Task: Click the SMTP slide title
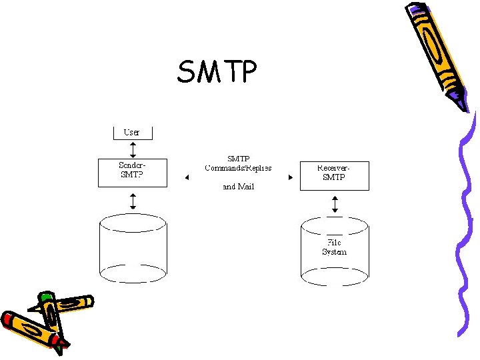click(216, 71)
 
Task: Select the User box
click(132, 133)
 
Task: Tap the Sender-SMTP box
click(132, 172)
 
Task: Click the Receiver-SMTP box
click(334, 175)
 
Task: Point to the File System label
click(334, 247)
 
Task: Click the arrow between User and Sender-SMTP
click(133, 149)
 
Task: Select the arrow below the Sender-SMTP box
click(133, 200)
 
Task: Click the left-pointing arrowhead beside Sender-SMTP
click(187, 177)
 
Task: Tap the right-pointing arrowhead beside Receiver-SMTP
click(290, 177)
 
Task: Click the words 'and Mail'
click(238, 187)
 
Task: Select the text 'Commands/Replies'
click(238, 168)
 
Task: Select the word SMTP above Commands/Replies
click(238, 159)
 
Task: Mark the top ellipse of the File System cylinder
click(335, 226)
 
